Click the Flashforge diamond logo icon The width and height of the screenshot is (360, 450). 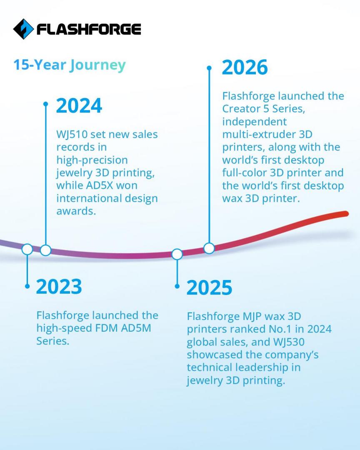(x=23, y=29)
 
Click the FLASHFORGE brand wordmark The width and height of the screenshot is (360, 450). (x=89, y=29)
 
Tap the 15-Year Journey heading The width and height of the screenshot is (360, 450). (x=70, y=65)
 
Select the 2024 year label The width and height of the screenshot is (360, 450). (x=79, y=105)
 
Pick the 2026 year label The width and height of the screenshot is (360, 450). (x=245, y=68)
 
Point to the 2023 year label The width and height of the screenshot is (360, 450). (x=59, y=286)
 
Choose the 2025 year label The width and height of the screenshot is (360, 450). (x=209, y=287)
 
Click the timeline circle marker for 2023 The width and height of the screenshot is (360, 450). (x=27, y=250)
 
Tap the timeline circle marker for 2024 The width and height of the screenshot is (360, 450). (x=46, y=250)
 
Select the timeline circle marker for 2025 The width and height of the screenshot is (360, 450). (x=177, y=254)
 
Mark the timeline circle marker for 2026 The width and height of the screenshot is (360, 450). (x=209, y=248)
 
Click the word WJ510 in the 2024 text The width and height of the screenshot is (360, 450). (x=71, y=134)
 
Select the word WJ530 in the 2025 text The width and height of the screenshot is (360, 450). (x=289, y=342)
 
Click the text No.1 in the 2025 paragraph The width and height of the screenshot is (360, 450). (x=278, y=329)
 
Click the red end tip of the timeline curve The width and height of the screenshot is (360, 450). (x=346, y=214)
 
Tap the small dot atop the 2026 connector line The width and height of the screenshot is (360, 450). (x=209, y=68)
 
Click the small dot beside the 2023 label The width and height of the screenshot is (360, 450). (x=27, y=286)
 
